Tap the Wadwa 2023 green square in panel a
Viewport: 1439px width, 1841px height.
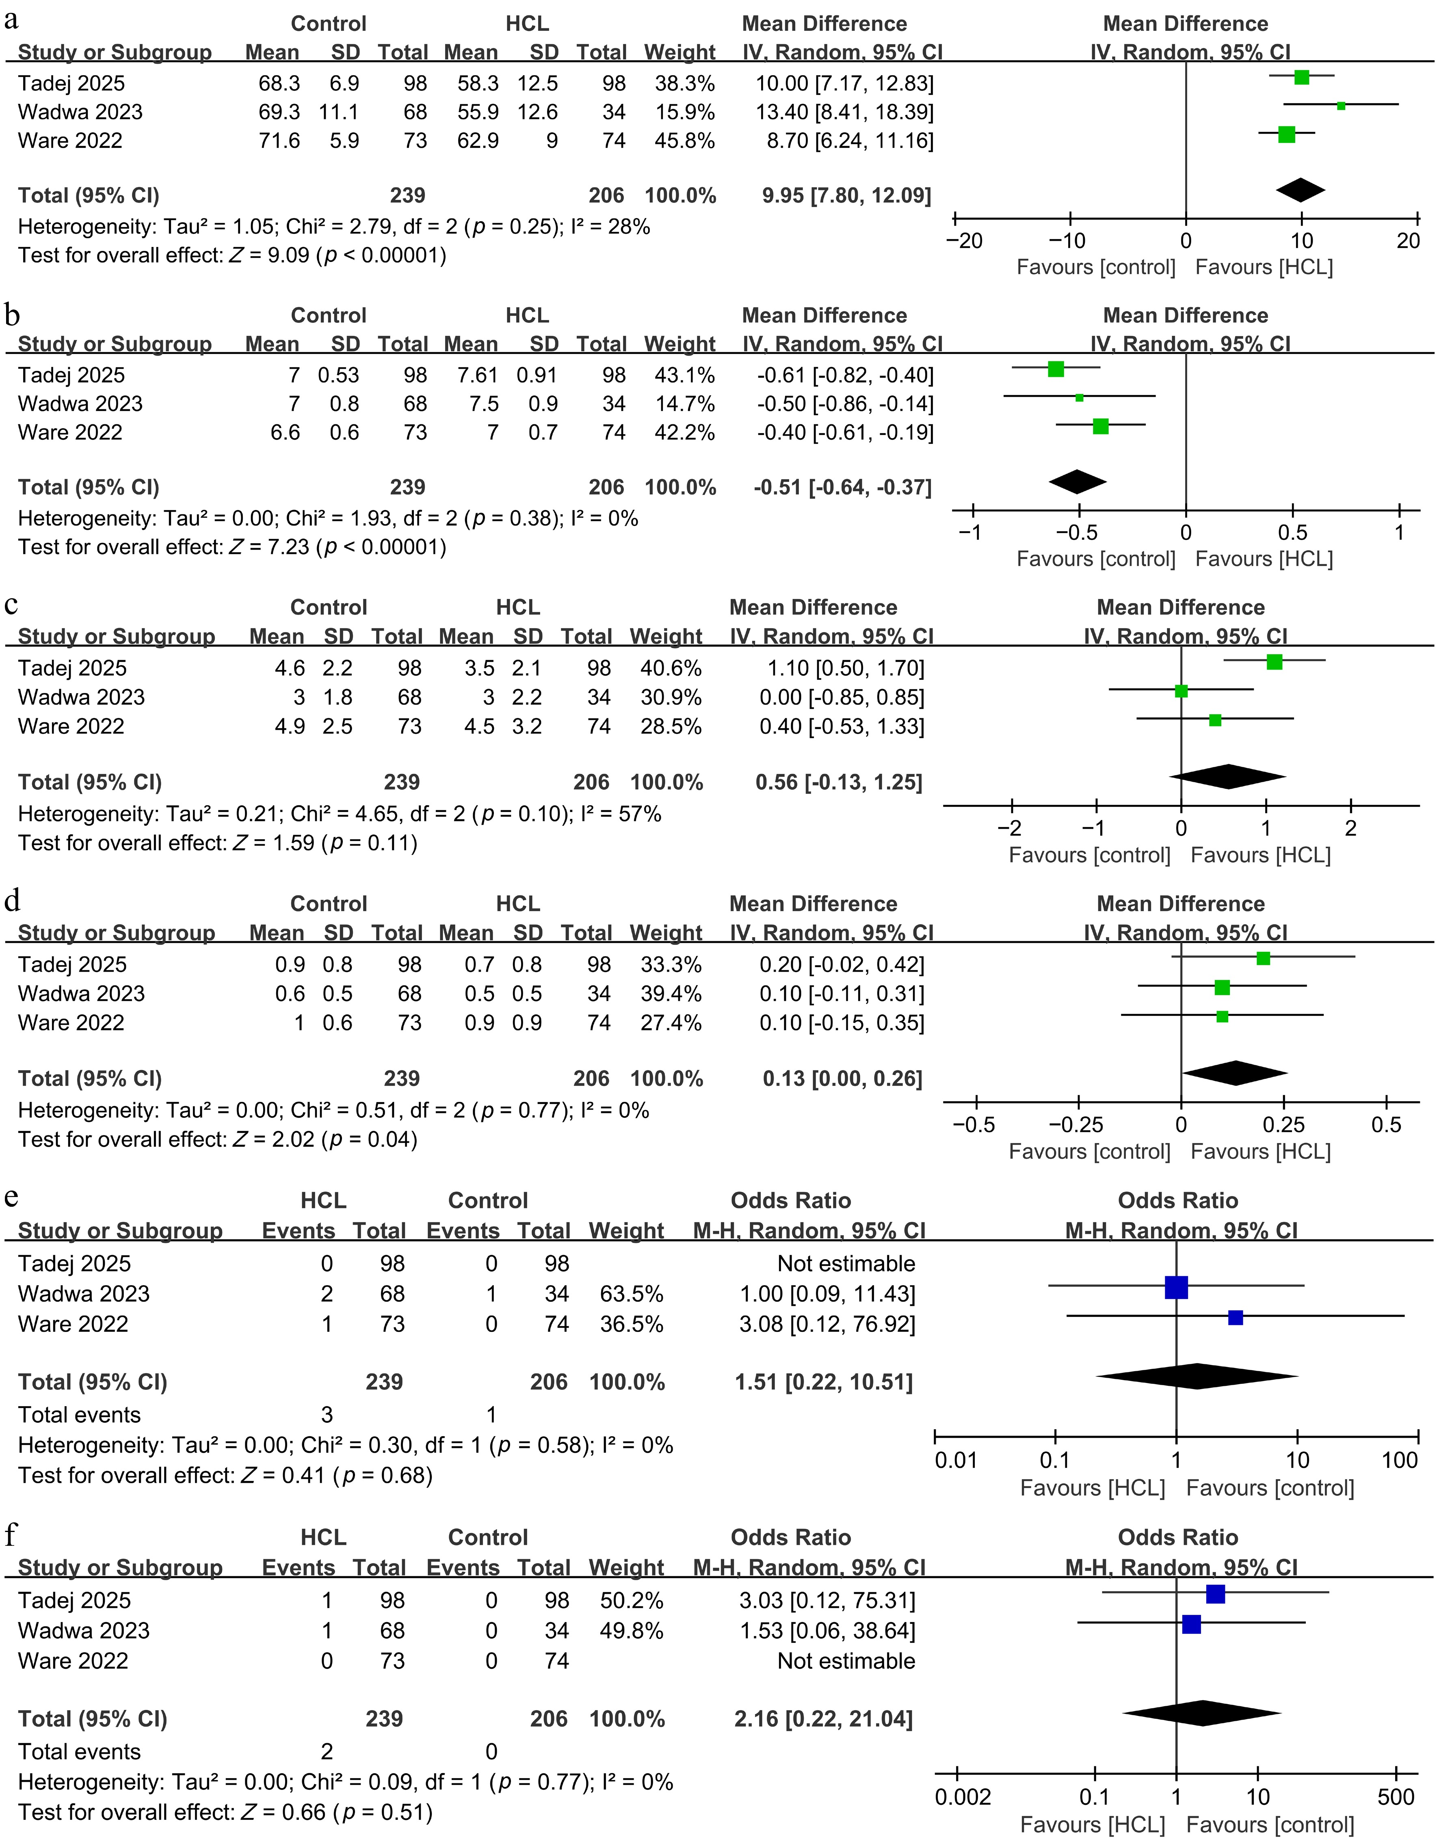click(x=1341, y=106)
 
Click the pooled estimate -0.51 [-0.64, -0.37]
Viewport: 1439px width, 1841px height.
click(x=843, y=487)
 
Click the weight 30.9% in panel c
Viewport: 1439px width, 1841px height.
click(x=671, y=697)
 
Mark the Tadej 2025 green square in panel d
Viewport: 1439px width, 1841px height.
click(x=1263, y=958)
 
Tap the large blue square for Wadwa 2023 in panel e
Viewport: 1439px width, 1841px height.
click(x=1176, y=1287)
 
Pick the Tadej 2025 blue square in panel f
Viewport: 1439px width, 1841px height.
click(x=1215, y=1594)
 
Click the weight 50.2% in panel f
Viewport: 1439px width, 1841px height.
click(x=632, y=1601)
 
